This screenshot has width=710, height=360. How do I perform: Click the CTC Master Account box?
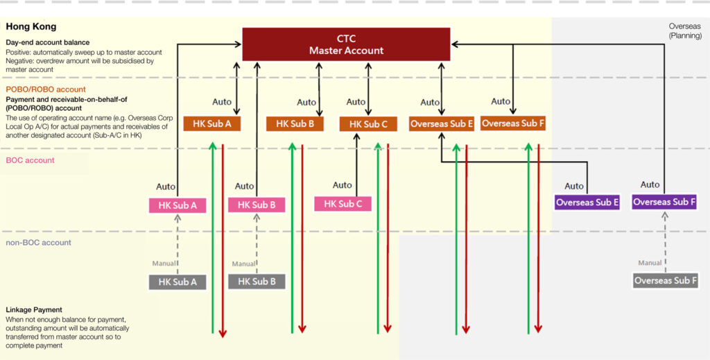346,44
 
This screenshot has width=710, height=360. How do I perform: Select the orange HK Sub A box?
212,124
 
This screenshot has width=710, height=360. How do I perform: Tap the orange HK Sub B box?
295,124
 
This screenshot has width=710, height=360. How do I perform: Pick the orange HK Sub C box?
368,124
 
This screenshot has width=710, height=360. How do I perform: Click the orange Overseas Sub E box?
442,124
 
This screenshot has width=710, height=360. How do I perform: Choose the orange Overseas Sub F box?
513,123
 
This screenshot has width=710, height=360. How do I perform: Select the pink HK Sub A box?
177,205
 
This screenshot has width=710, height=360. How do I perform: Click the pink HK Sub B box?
257,205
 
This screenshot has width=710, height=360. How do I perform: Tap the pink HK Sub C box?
343,204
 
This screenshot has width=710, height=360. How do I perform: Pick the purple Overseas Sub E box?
587,203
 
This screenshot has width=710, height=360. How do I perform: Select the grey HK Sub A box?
177,282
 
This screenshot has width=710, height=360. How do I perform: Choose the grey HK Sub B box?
257,282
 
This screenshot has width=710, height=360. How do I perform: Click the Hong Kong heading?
31,27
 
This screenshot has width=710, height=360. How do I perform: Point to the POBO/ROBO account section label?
46,89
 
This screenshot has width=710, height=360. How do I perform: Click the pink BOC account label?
30,161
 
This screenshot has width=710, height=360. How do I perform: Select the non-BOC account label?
38,243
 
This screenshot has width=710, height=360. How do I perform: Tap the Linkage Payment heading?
34,309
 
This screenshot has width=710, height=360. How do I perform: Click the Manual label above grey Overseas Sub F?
650,263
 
